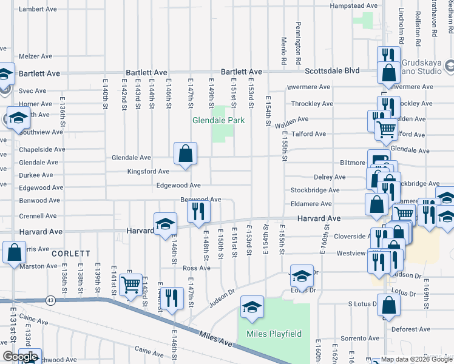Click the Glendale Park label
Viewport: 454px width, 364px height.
pos(219,120)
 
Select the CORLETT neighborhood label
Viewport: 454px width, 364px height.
pos(70,254)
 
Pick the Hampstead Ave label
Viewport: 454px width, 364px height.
pos(353,6)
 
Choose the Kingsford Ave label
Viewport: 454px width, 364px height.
pos(148,172)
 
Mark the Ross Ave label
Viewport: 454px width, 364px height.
pos(196,268)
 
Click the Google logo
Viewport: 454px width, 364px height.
pos(19,357)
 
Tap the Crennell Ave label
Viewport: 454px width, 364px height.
pos(38,216)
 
